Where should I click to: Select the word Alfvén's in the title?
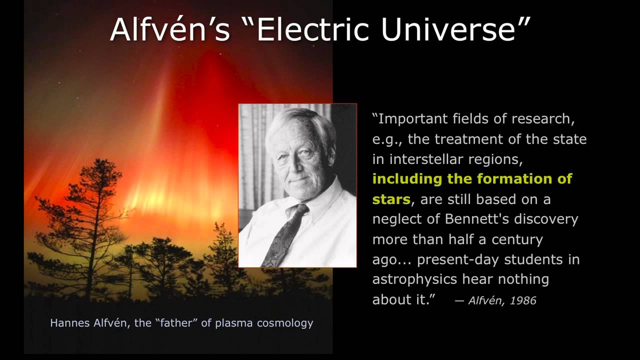170,29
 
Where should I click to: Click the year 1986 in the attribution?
523,300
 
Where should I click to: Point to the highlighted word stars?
391,199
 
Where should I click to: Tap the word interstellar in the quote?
425,159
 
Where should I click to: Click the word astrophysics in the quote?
414,279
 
